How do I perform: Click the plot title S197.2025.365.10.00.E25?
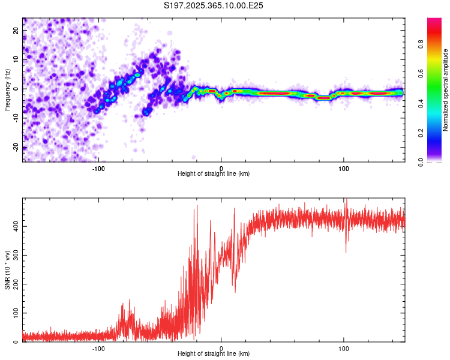(214, 5)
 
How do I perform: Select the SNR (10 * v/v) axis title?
(7, 271)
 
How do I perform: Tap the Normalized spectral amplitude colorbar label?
(446, 90)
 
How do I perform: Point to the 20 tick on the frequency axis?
(17, 30)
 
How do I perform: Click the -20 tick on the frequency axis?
(17, 147)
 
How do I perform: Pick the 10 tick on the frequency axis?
(17, 59)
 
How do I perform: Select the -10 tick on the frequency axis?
(17, 118)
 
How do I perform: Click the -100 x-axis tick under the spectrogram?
(98, 167)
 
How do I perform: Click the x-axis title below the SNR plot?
(214, 355)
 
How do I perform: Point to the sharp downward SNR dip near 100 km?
(346, 251)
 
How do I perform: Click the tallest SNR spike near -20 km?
(196, 207)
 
